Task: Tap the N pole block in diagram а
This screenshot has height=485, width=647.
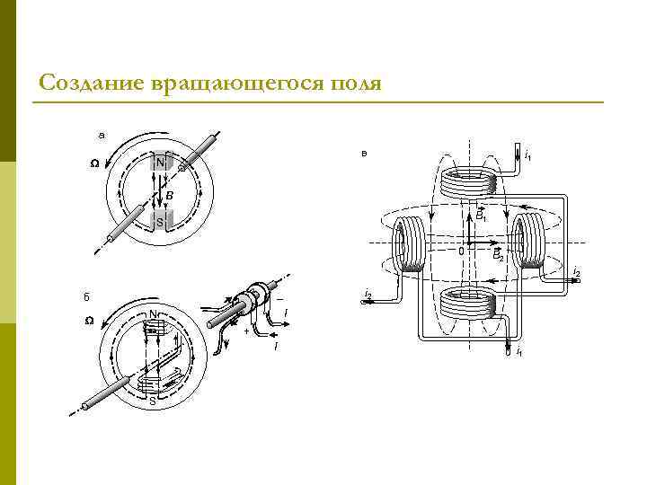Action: coord(160,163)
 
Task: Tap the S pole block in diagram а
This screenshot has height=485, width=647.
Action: coord(160,220)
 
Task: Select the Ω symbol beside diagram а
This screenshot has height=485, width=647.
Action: coord(94,163)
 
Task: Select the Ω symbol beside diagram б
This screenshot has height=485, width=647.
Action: coord(89,322)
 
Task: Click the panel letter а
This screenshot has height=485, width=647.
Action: coord(102,135)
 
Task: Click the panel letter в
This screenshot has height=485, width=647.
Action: coord(363,154)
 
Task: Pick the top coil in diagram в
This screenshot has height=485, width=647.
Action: coord(469,184)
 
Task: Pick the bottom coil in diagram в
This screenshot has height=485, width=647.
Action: coord(469,304)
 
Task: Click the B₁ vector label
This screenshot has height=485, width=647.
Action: coord(481,216)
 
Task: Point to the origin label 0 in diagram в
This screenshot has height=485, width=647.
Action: coord(461,251)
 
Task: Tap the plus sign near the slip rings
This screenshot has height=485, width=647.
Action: coord(246,331)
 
